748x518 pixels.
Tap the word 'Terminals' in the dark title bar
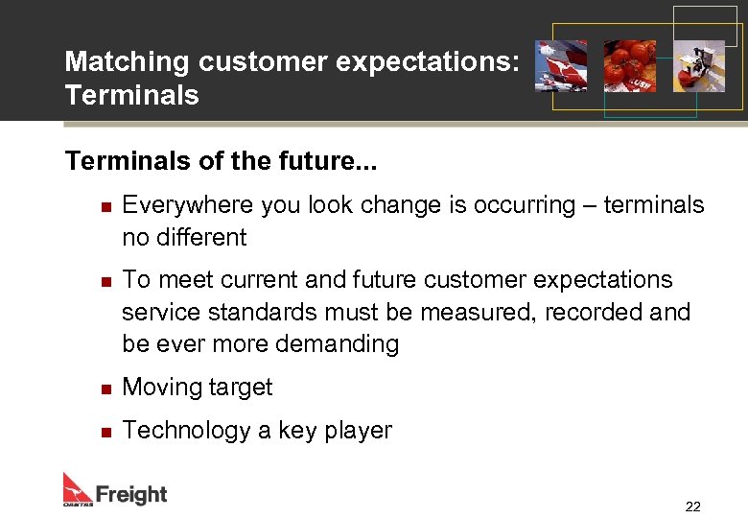click(131, 95)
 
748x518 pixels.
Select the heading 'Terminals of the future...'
click(221, 160)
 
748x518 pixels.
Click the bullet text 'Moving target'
click(198, 388)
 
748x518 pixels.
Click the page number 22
click(692, 506)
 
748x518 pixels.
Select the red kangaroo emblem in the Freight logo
click(78, 488)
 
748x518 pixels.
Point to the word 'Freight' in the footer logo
click(130, 495)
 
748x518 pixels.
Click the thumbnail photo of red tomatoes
click(629, 66)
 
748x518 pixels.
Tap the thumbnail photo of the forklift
click(698, 66)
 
